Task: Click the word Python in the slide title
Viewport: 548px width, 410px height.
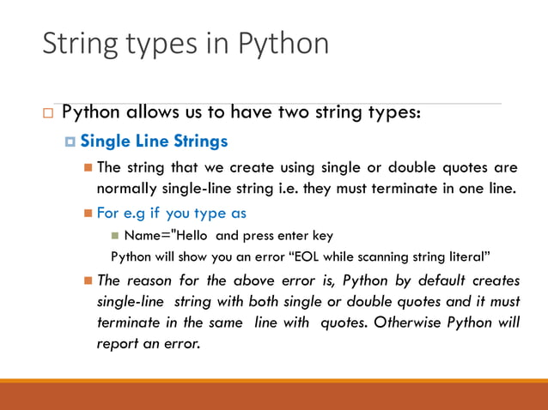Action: coord(283,43)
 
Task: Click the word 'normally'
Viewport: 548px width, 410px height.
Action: coord(126,188)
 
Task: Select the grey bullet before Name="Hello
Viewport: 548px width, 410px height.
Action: coord(115,235)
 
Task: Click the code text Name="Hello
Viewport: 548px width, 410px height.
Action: coord(158,235)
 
